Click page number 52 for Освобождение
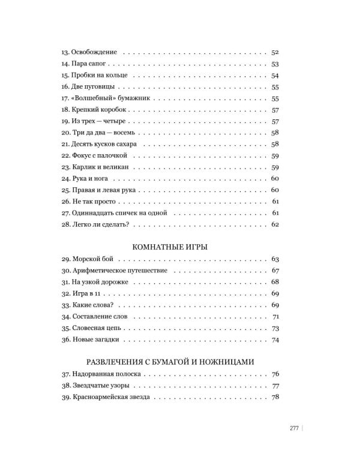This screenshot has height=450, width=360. click(x=276, y=53)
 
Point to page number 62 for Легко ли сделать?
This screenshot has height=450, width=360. click(x=276, y=224)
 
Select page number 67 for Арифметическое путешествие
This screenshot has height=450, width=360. click(x=276, y=271)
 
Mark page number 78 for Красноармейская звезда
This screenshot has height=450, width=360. click(x=276, y=398)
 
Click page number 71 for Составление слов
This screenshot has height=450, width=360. click(x=277, y=317)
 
